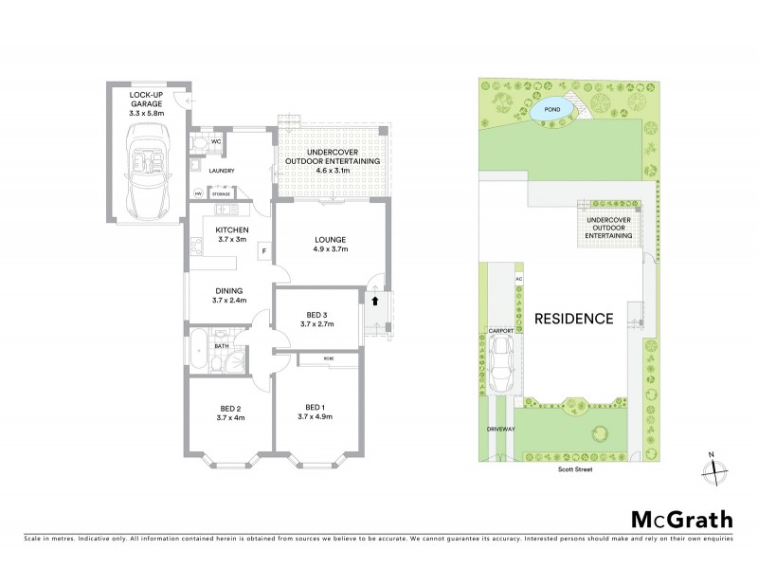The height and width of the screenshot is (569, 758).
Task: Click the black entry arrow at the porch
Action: (x=376, y=303)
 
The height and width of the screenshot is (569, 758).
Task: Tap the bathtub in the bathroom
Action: (x=199, y=349)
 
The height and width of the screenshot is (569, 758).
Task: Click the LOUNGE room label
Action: (x=329, y=239)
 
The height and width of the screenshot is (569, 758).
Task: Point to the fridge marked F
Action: (x=264, y=249)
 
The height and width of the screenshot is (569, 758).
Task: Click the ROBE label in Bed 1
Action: (x=328, y=359)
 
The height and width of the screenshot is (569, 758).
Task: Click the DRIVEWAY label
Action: (x=498, y=429)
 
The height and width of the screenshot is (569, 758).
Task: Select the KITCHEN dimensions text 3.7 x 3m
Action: (x=231, y=240)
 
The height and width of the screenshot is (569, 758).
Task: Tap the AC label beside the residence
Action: (x=518, y=279)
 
